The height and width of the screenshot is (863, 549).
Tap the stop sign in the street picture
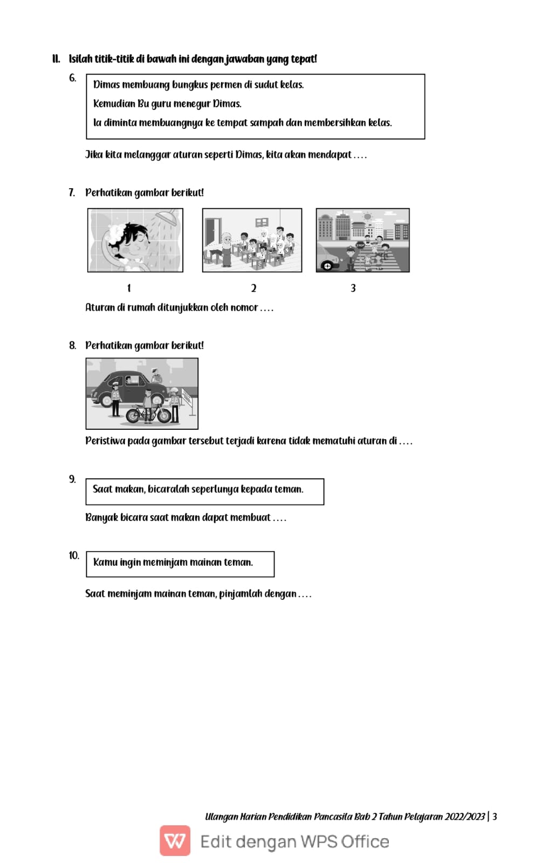click(360, 245)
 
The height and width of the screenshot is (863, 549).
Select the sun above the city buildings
click(368, 217)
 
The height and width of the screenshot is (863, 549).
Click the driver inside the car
click(129, 381)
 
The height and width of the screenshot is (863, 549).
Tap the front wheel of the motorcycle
click(134, 415)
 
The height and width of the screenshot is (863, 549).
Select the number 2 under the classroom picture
click(253, 288)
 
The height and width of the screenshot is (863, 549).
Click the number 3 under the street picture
click(353, 288)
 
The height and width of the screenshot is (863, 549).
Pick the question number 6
click(72, 78)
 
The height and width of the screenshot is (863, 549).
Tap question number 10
click(74, 556)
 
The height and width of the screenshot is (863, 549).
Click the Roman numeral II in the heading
click(56, 59)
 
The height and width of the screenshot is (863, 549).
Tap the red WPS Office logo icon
click(175, 840)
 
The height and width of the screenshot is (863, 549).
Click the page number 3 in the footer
click(495, 817)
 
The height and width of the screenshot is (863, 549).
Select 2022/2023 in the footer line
click(464, 817)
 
